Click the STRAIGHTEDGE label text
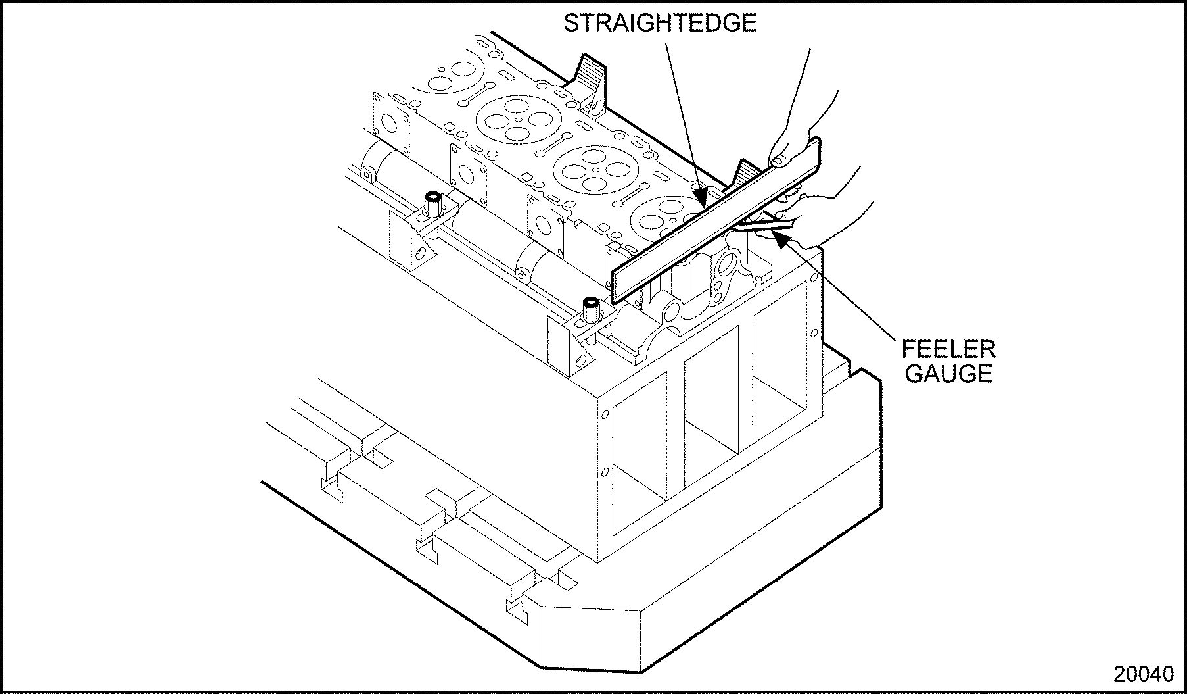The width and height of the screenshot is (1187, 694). pos(660,24)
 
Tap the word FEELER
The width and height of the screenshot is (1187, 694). pos(948,349)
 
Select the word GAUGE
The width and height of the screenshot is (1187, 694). pos(947,373)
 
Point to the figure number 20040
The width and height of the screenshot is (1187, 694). pos(1143,674)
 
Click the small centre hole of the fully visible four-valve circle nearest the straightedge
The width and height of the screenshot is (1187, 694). pos(595,170)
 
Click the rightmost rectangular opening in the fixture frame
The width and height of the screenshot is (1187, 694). pos(779,375)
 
